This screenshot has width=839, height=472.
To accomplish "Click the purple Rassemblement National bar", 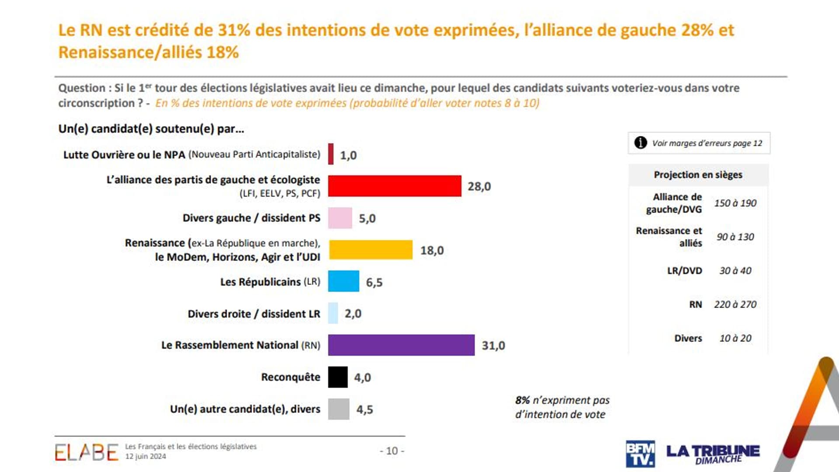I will [401, 345].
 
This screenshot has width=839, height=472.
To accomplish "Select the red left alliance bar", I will [395, 186].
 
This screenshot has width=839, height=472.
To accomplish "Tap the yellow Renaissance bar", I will [371, 250].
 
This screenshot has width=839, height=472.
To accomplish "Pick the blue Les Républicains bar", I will [343, 281].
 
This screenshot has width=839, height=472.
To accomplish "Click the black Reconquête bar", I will [338, 377].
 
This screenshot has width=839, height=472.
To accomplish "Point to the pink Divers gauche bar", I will [340, 218].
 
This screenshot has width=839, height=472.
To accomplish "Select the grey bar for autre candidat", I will [339, 409].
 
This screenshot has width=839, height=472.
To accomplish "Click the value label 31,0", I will [493, 345].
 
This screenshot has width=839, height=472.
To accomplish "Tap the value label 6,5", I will [374, 282].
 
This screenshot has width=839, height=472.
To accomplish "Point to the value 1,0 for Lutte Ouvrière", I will [348, 155].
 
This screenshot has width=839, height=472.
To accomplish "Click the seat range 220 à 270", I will [735, 304].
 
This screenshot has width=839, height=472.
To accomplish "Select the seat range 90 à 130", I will [735, 237].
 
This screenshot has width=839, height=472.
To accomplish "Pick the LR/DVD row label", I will [684, 271].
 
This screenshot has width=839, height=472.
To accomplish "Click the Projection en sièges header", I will [698, 175].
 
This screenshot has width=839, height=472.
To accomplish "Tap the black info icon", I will [641, 142].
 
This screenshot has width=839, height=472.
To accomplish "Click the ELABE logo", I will [87, 452].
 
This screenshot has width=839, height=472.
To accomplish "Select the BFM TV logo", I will [640, 454].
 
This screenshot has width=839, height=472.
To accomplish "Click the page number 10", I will [392, 451].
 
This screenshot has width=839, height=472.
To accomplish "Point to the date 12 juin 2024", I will [146, 456].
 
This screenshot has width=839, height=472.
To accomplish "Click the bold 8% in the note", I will [522, 400].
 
